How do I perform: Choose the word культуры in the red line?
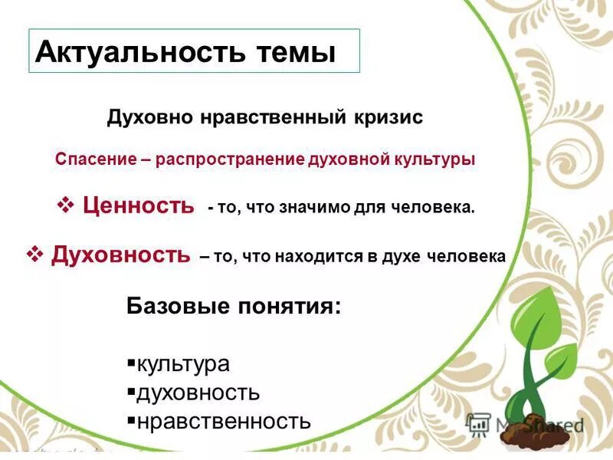pyautogui.click(x=435, y=159)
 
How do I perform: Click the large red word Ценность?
pyautogui.click(x=138, y=205)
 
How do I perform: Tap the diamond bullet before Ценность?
pyautogui.click(x=66, y=205)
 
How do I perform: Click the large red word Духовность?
pyautogui.click(x=120, y=255)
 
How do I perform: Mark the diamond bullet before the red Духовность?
pyautogui.click(x=34, y=254)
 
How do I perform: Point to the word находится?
pyautogui.click(x=317, y=258)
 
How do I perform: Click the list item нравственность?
pyautogui.click(x=223, y=421)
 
